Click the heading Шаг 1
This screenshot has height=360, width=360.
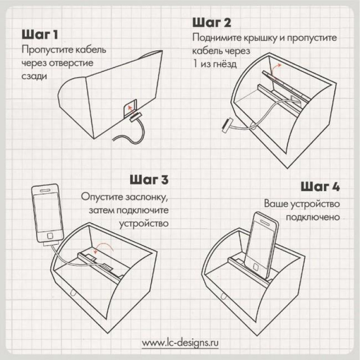[40, 35]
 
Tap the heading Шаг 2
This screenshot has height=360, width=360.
[211, 23]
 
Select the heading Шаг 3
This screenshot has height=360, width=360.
[149, 180]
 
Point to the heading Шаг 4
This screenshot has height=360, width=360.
[320, 186]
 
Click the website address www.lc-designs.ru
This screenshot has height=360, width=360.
[180, 343]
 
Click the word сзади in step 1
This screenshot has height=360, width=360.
[34, 76]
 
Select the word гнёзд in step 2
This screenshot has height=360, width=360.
[224, 63]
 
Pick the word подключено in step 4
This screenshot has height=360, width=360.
[313, 217]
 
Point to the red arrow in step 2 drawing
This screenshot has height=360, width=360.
[275, 68]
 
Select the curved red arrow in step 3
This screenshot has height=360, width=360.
[104, 247]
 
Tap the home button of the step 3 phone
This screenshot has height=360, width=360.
[50, 235]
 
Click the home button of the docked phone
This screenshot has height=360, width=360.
[256, 267]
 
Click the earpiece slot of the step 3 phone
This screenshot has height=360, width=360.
[45, 190]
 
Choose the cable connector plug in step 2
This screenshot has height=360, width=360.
[227, 125]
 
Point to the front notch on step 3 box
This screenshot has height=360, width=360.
[73, 293]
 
